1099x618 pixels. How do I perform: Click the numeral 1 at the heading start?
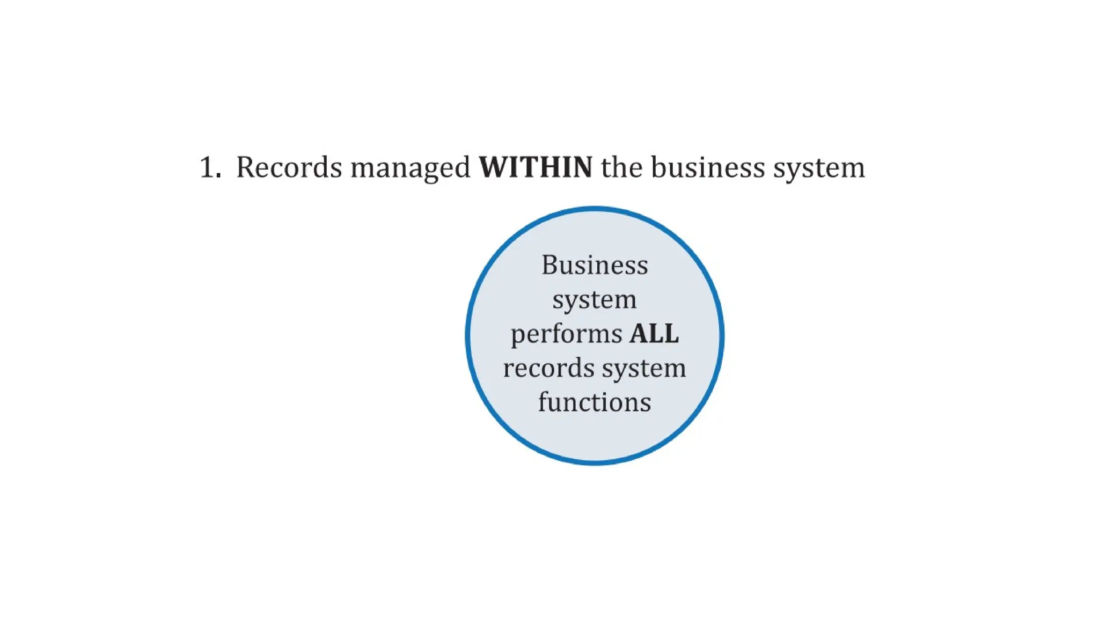pos(207,167)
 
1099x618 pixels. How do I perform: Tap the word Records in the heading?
pos(289,167)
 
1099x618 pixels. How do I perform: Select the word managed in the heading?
pos(411,168)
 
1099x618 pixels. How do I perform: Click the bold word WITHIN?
pos(536,167)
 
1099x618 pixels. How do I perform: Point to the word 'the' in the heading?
pos(621,167)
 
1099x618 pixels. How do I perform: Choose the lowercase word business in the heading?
pos(708,167)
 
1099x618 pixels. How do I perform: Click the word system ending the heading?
pos(819,168)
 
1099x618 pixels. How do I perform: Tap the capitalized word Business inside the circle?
pos(595,265)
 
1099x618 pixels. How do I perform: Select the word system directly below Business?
pos(595,300)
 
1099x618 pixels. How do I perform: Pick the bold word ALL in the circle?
pos(654,334)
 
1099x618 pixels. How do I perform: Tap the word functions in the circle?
pos(595,402)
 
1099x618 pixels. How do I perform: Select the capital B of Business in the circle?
pos(551,265)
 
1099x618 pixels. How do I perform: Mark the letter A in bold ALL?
pos(640,334)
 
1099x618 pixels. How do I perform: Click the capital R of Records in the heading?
pos(246,167)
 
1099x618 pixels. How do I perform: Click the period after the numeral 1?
pos(218,176)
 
